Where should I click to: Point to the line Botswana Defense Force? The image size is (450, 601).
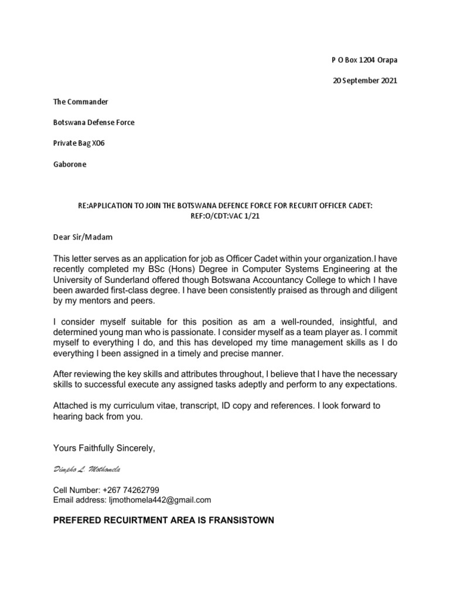(94, 123)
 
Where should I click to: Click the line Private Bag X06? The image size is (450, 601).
(79, 143)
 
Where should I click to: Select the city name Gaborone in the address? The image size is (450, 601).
(70, 164)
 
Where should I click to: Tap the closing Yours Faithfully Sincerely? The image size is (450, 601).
(104, 448)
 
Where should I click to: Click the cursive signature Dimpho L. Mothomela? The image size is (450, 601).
(87, 470)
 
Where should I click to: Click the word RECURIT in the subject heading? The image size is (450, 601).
(300, 207)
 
